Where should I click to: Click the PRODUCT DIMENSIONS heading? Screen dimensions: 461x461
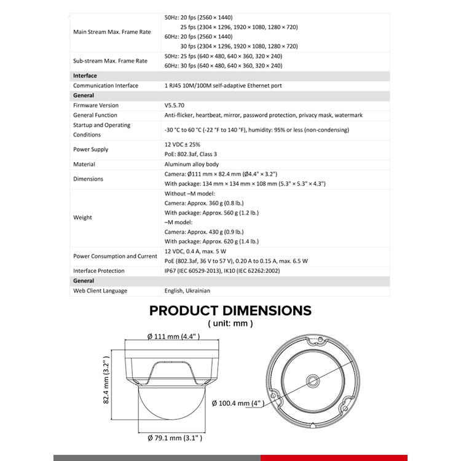point(230,310)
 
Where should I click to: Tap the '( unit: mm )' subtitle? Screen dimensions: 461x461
point(230,323)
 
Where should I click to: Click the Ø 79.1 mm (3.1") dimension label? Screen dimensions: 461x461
point(175,438)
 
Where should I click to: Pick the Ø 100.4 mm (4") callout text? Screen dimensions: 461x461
point(237,403)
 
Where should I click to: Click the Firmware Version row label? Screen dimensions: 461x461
point(96,105)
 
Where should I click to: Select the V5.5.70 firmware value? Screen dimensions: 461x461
point(176,105)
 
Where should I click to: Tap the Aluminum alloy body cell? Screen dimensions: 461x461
point(191,164)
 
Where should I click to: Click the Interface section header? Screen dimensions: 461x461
point(85,76)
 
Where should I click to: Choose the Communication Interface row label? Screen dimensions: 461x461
point(106,85)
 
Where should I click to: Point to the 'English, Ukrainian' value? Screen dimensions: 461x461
point(187,291)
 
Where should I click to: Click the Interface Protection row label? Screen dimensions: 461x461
point(103,271)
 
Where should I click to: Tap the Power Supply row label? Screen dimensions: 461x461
point(90,149)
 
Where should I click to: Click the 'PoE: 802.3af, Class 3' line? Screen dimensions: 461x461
point(191,154)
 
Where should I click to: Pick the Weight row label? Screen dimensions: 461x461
point(82,217)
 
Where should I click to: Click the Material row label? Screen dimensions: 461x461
point(84,164)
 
